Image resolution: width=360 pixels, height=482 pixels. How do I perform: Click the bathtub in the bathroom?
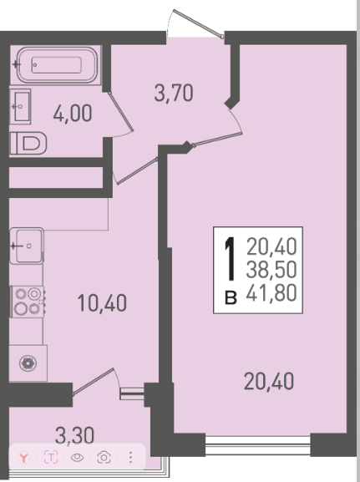[57, 65]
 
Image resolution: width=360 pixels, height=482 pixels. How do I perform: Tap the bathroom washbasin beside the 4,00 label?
[20, 106]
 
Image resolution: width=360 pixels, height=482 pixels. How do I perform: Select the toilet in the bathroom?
[28, 143]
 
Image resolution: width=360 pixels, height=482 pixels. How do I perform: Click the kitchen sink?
[27, 246]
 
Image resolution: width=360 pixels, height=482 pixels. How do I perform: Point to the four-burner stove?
[27, 302]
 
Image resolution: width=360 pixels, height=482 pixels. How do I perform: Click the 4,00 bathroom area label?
[73, 113]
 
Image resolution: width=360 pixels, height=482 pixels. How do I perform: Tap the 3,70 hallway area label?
[174, 93]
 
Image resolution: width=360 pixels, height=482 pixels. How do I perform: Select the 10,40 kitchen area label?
[102, 302]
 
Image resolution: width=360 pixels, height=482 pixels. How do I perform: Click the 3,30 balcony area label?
[74, 435]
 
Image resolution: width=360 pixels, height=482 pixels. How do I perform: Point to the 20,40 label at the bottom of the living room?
[269, 381]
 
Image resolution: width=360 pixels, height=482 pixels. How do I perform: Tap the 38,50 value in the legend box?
[271, 269]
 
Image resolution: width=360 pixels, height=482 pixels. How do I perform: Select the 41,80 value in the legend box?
[271, 292]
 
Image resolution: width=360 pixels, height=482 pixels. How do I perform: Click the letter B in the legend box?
[231, 298]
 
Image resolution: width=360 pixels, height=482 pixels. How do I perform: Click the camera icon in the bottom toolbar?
[104, 458]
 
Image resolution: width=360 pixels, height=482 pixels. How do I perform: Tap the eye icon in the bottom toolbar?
[77, 458]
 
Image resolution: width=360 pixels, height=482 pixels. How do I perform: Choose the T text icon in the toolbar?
[51, 457]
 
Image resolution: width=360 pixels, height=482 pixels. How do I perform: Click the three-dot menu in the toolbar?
[130, 458]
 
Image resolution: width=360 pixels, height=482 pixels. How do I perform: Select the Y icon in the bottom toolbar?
[23, 458]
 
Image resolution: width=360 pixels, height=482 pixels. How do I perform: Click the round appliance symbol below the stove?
[28, 363]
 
